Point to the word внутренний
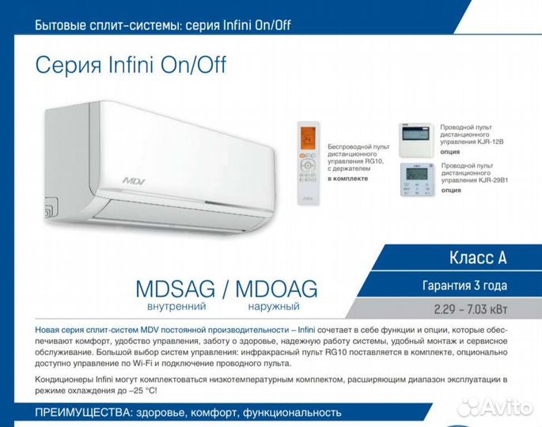click(x=171, y=306)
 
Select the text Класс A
click(x=477, y=258)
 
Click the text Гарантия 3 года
click(x=465, y=285)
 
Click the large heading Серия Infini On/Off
click(x=131, y=65)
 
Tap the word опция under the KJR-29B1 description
click(x=451, y=191)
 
